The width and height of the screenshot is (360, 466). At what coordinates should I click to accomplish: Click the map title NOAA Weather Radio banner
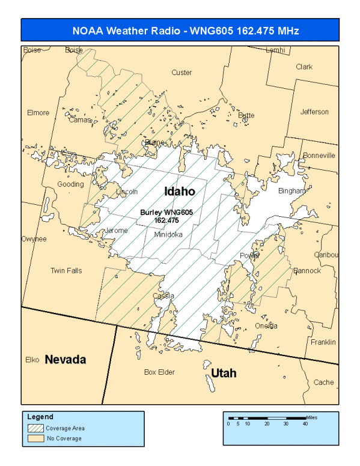(x=180, y=31)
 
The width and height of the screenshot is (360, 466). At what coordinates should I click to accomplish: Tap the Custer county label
(x=182, y=73)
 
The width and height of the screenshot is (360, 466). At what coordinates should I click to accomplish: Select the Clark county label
(x=304, y=67)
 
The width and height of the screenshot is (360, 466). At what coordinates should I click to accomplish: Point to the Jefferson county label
(x=314, y=112)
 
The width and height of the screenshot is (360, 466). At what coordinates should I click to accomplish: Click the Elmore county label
(x=38, y=112)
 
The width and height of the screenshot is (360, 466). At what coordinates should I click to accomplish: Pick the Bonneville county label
(x=319, y=155)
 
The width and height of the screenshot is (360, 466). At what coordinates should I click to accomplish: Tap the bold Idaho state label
(x=180, y=191)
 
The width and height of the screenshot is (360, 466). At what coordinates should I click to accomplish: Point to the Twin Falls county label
(x=66, y=271)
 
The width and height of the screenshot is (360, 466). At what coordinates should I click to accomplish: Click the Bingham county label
(x=292, y=191)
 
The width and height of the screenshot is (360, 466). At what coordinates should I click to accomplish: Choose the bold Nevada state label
(x=66, y=360)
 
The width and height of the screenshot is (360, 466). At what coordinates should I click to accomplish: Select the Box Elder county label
(x=159, y=372)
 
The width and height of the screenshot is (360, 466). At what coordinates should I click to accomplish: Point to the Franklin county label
(x=323, y=342)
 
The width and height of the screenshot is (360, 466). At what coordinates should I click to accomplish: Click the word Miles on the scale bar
(x=311, y=416)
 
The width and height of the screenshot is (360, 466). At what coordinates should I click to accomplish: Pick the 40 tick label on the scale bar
(x=305, y=424)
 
